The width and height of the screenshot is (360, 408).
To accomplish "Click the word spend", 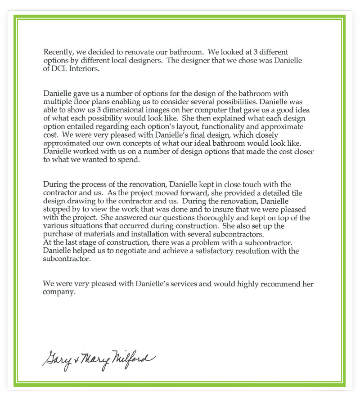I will pyautogui.click(x=129, y=160).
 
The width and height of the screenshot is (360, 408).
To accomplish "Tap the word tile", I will pyautogui.click(x=284, y=193).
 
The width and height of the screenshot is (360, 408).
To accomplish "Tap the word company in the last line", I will pyautogui.click(x=58, y=292).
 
